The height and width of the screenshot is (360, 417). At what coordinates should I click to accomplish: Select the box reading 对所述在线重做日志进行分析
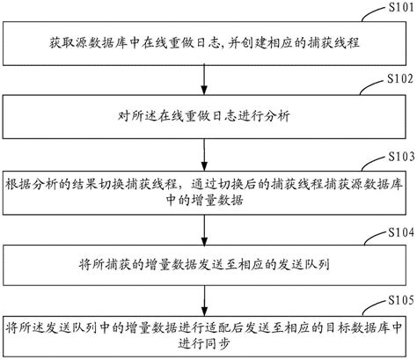click(x=204, y=114)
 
